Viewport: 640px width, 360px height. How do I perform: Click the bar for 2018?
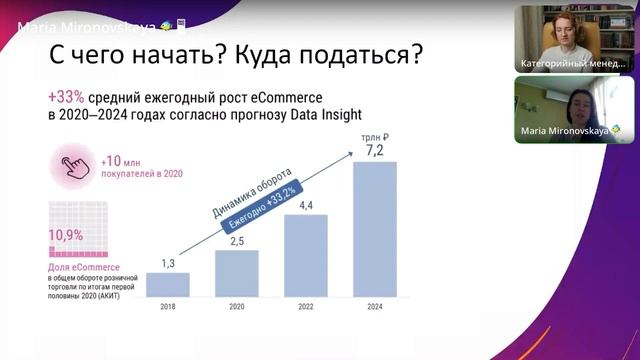[167, 284]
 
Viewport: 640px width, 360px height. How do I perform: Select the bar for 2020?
[237, 272]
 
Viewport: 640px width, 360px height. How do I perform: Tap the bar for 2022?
[306, 255]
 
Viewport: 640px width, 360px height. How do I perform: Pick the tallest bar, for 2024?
[375, 229]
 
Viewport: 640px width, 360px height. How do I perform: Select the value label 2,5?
[237, 240]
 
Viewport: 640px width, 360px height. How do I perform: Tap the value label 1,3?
[167, 263]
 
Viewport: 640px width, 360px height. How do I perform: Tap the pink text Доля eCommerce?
[84, 268]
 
